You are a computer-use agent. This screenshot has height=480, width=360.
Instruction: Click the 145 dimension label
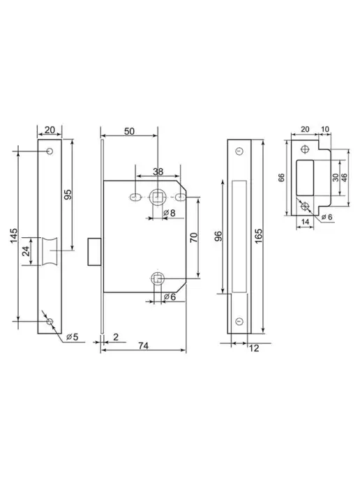click(14, 236)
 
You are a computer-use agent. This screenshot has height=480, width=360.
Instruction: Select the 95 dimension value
click(68, 195)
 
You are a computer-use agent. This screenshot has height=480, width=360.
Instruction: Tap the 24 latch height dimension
click(27, 251)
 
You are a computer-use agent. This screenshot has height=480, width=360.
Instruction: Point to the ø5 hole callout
click(73, 337)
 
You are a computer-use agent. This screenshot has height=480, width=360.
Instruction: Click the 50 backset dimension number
click(129, 131)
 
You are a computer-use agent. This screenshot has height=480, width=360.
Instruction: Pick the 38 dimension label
click(158, 172)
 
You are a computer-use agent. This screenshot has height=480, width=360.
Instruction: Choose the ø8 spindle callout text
click(170, 213)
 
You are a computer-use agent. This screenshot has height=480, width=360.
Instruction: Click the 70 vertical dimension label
click(194, 237)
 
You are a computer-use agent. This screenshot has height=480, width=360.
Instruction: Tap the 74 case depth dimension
click(143, 345)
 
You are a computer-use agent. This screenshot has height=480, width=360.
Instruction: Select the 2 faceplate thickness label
click(116, 337)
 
